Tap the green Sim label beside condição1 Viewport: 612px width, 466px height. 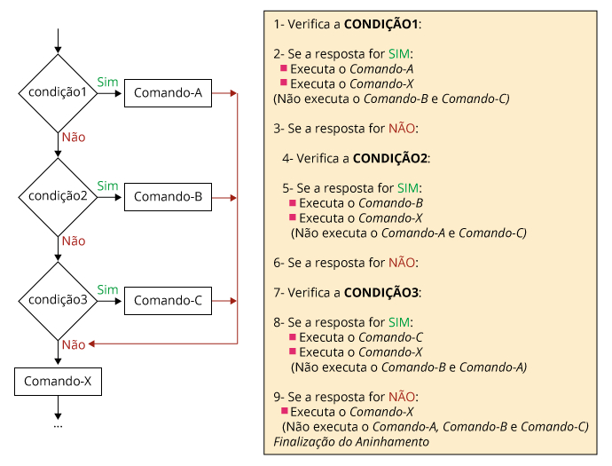click(107, 82)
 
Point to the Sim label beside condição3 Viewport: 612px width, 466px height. click(107, 290)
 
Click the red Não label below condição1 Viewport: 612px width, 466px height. click(74, 137)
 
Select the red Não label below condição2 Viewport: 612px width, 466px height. click(74, 241)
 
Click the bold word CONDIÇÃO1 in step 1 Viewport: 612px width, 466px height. click(381, 24)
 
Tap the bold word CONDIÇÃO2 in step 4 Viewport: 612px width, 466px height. click(389, 158)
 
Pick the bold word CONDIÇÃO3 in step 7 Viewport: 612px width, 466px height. click(381, 292)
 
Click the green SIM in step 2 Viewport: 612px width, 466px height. click(399, 54)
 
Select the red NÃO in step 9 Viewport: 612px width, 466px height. click(401, 397)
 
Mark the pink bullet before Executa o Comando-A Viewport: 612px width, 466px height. click(284, 68)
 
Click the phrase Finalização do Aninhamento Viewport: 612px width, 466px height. click(351, 442)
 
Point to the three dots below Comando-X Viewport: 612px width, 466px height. click(58, 427)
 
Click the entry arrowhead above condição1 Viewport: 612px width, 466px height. click(58, 50)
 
